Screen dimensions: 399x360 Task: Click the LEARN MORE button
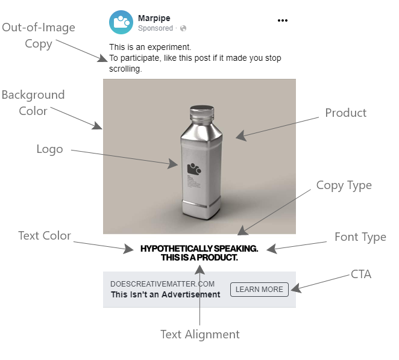[259, 290]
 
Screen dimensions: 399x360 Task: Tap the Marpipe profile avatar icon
[121, 22]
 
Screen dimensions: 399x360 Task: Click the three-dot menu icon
[283, 20]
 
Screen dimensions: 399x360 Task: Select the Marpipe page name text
[154, 18]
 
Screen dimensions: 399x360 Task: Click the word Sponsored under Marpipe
[156, 28]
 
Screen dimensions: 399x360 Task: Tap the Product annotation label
[345, 113]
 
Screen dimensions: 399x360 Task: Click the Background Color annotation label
[33, 103]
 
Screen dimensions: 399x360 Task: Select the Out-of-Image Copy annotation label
[38, 36]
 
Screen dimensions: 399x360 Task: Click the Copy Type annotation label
[344, 185]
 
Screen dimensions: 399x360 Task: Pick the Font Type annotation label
[360, 237]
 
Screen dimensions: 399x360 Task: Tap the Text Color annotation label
[45, 236]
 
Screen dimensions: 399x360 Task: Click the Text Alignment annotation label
[199, 335]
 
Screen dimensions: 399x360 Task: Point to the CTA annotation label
[361, 275]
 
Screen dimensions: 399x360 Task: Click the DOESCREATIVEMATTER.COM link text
[163, 284]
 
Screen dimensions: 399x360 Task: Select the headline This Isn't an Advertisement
[166, 294]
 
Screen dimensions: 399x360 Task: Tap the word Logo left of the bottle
[50, 150]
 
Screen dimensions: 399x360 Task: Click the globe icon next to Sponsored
[183, 28]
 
